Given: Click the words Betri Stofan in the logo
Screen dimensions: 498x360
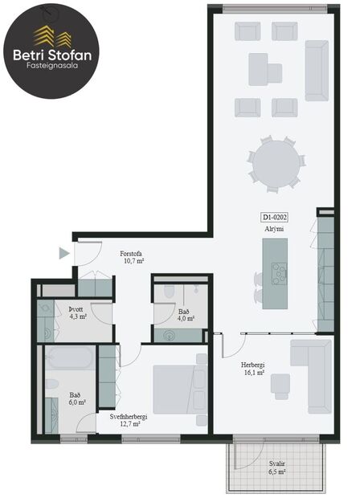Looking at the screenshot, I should click(51, 55).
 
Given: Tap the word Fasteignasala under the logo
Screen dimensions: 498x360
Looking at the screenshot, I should click(51, 70).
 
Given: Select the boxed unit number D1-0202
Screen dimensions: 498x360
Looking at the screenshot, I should click(275, 217).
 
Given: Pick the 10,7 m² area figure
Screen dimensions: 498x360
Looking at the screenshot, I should click(133, 261).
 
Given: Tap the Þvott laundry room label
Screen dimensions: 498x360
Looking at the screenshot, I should click(78, 308).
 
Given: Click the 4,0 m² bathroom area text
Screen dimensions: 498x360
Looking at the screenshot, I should click(185, 319).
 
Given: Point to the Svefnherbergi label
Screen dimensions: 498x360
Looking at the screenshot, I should click(129, 418).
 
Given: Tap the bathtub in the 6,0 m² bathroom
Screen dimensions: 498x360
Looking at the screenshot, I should click(70, 357).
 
